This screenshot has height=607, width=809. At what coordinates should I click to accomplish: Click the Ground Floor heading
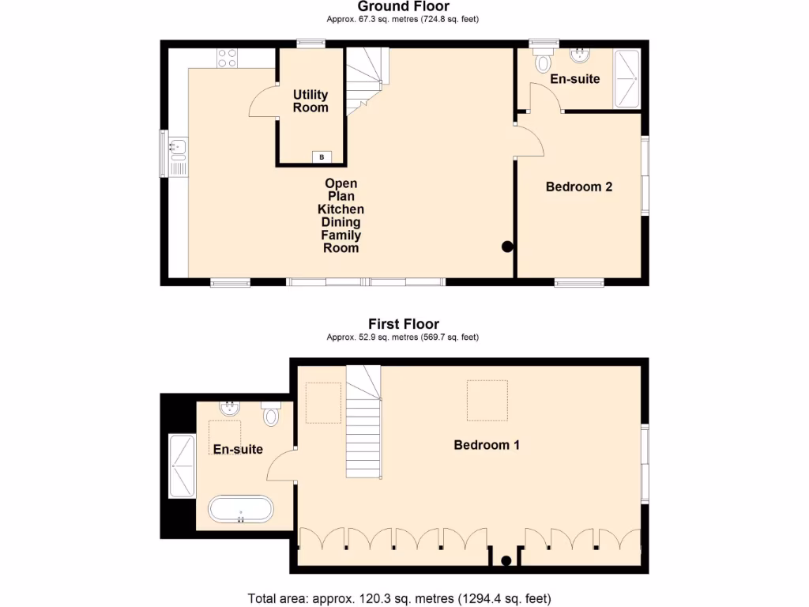pyautogui.click(x=403, y=6)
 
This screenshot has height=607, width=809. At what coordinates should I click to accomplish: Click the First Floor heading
pyautogui.click(x=403, y=323)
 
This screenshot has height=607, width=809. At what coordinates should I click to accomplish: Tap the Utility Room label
pyautogui.click(x=310, y=101)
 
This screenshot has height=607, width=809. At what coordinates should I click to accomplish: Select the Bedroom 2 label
pyautogui.click(x=579, y=187)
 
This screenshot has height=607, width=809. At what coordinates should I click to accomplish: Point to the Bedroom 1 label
pyautogui.click(x=487, y=444)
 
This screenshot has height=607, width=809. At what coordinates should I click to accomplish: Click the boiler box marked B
pyautogui.click(x=321, y=156)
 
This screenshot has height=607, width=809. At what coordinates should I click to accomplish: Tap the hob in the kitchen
pyautogui.click(x=227, y=58)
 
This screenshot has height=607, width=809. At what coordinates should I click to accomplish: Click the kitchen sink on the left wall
pyautogui.click(x=176, y=146)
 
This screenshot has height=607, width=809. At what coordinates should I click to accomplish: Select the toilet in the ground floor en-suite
pyautogui.click(x=543, y=61)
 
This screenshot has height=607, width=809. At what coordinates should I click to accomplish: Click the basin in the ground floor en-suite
pyautogui.click(x=581, y=55)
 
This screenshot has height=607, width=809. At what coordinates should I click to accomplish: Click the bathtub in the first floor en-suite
pyautogui.click(x=241, y=509)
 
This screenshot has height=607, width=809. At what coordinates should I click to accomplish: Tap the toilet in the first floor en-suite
pyautogui.click(x=271, y=413)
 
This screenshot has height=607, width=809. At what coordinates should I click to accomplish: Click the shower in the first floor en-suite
pyautogui.click(x=182, y=466)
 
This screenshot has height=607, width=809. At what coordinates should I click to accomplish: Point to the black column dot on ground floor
pyautogui.click(x=507, y=247)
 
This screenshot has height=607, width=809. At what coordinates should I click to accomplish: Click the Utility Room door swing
pyautogui.click(x=262, y=103)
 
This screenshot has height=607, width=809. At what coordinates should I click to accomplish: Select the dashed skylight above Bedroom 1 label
pyautogui.click(x=487, y=400)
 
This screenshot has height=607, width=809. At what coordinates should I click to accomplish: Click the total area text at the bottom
pyautogui.click(x=399, y=598)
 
